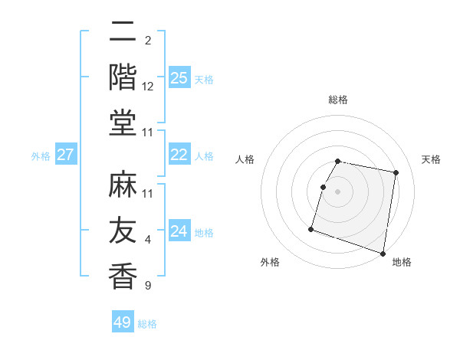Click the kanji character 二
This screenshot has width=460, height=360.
click(123, 32)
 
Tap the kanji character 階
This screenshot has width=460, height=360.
click(123, 77)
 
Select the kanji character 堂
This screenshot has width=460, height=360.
click(123, 123)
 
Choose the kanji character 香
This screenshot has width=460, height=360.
click(123, 276)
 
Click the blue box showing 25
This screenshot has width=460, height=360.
click(179, 77)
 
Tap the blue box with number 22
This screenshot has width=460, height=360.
click(179, 155)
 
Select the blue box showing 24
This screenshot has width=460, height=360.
click(179, 231)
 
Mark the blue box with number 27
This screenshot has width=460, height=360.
click(66, 155)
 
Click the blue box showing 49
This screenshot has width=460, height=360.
click(123, 322)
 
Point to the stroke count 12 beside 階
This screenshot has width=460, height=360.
click(148, 87)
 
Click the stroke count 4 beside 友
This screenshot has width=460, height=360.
click(148, 241)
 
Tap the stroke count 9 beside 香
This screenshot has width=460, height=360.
click(148, 286)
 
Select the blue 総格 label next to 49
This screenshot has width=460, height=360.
click(148, 324)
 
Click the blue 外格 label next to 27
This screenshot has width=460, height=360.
click(41, 156)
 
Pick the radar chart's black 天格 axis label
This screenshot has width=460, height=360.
click(432, 159)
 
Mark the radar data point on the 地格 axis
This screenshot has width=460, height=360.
click(383, 253)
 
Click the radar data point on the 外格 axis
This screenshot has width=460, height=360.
click(311, 229)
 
